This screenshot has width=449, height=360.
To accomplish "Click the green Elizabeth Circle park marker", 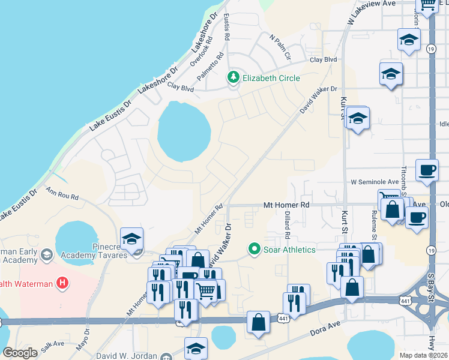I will (233, 78).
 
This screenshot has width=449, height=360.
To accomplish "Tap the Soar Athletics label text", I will (289, 249).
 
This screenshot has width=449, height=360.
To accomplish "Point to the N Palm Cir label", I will (280, 47).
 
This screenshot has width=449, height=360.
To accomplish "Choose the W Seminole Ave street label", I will (375, 182).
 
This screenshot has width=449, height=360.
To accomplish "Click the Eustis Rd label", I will (227, 28).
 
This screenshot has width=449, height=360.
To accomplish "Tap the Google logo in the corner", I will (20, 352).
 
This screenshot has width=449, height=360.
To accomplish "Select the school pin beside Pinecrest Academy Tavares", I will (131, 239).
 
